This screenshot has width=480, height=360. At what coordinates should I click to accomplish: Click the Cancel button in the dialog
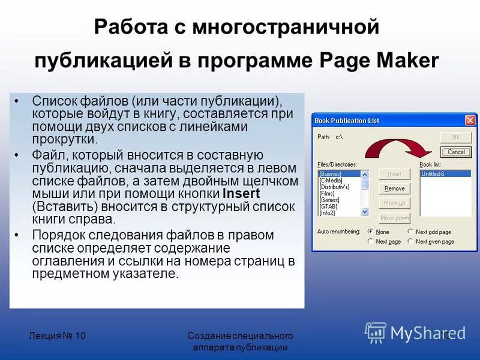tap(456, 152)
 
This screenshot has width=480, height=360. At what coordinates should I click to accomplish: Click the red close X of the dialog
tap(470, 120)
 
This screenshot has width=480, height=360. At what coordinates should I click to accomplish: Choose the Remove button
tap(394, 188)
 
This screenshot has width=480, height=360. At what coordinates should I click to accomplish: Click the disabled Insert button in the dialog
tap(394, 174)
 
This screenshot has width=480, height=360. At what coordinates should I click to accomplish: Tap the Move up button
tap(394, 203)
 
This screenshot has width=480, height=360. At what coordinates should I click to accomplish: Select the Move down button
tap(394, 218)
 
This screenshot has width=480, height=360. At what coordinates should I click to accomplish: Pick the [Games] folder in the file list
tap(329, 200)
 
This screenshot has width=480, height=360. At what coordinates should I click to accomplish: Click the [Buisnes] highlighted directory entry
tap(331, 173)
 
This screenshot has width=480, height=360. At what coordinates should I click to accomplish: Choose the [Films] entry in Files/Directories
tap(328, 193)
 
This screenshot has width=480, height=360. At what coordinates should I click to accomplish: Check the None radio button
tap(371, 232)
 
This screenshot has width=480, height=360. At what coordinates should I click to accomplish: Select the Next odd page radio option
tap(410, 232)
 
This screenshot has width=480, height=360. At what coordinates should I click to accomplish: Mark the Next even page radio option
tap(410, 241)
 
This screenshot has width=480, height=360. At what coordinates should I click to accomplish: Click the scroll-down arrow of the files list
tap(365, 212)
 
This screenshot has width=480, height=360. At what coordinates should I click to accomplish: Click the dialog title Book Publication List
tap(347, 121)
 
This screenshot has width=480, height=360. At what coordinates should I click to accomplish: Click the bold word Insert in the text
tap(241, 194)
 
